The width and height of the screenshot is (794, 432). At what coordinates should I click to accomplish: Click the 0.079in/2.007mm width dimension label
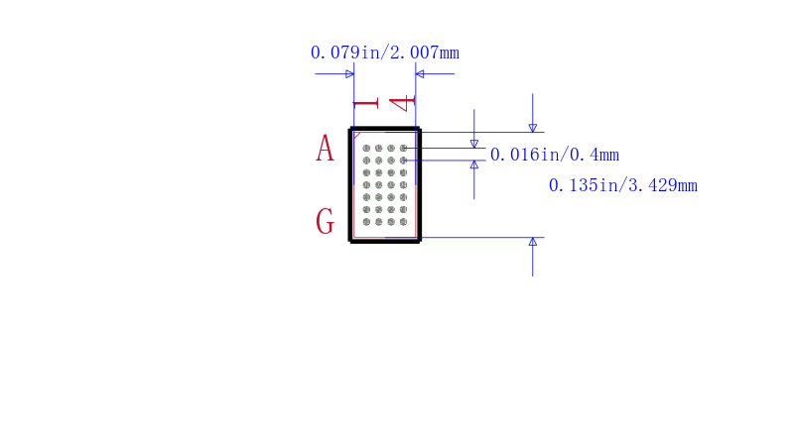click(x=385, y=53)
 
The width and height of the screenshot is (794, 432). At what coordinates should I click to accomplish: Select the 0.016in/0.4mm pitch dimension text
click(x=555, y=155)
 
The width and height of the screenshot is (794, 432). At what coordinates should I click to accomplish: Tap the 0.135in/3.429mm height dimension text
click(x=623, y=185)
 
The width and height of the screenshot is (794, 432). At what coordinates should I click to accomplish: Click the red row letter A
click(x=326, y=148)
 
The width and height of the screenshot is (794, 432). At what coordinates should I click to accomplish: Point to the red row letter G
click(x=326, y=221)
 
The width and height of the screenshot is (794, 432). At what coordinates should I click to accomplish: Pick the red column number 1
click(x=365, y=104)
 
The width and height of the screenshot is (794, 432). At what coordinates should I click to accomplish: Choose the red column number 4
click(x=402, y=103)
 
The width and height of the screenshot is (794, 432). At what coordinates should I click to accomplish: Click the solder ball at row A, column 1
click(x=366, y=148)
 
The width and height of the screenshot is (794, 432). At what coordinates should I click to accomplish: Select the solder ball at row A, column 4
click(x=403, y=148)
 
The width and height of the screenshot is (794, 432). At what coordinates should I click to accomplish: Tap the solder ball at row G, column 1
click(x=366, y=222)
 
